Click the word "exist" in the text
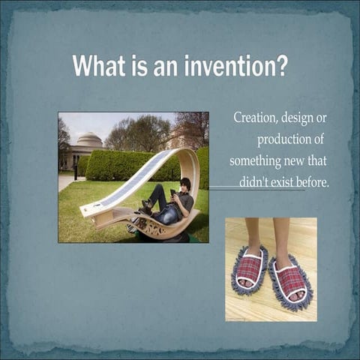click(x=282, y=181)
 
